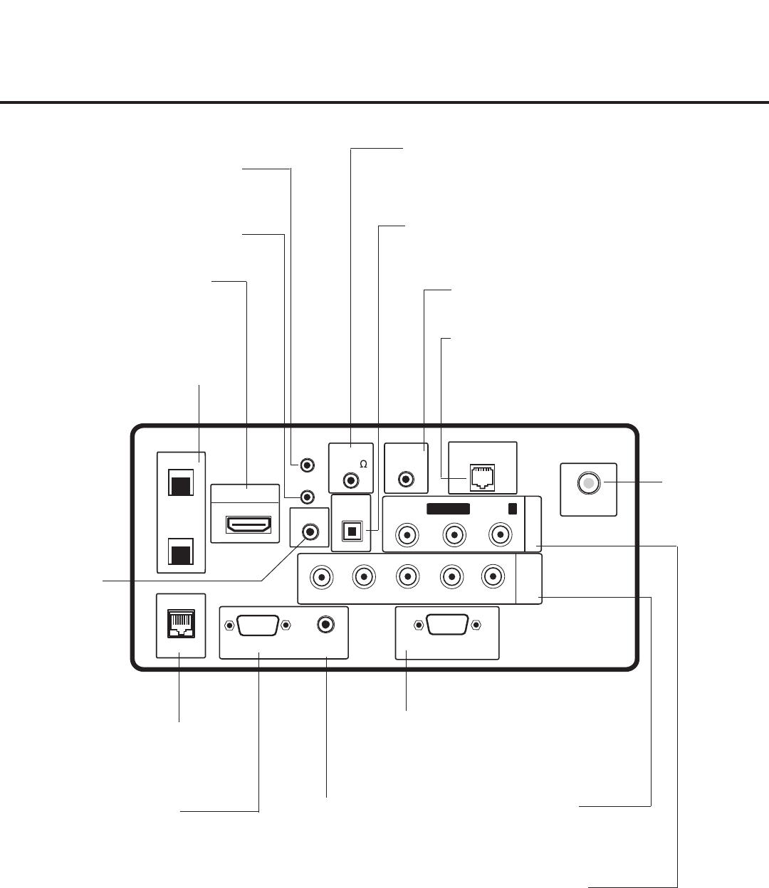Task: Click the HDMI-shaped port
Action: pos(248,525)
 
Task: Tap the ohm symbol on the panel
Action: pos(363,464)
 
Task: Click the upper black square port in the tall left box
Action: pos(179,485)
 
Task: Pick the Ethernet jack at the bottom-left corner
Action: pos(179,624)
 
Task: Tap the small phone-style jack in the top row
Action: pos(482,478)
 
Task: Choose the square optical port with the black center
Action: pos(351,532)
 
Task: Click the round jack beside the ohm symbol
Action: pos(351,480)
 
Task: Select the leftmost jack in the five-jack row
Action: pos(323,576)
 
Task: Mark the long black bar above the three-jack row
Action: pos(448,509)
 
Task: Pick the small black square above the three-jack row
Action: pos(513,509)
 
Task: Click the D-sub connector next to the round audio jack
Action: pos(257,625)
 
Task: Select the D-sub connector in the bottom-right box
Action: pos(446,625)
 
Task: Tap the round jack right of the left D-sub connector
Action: pos(326,625)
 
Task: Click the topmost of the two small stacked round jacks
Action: pos(307,465)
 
